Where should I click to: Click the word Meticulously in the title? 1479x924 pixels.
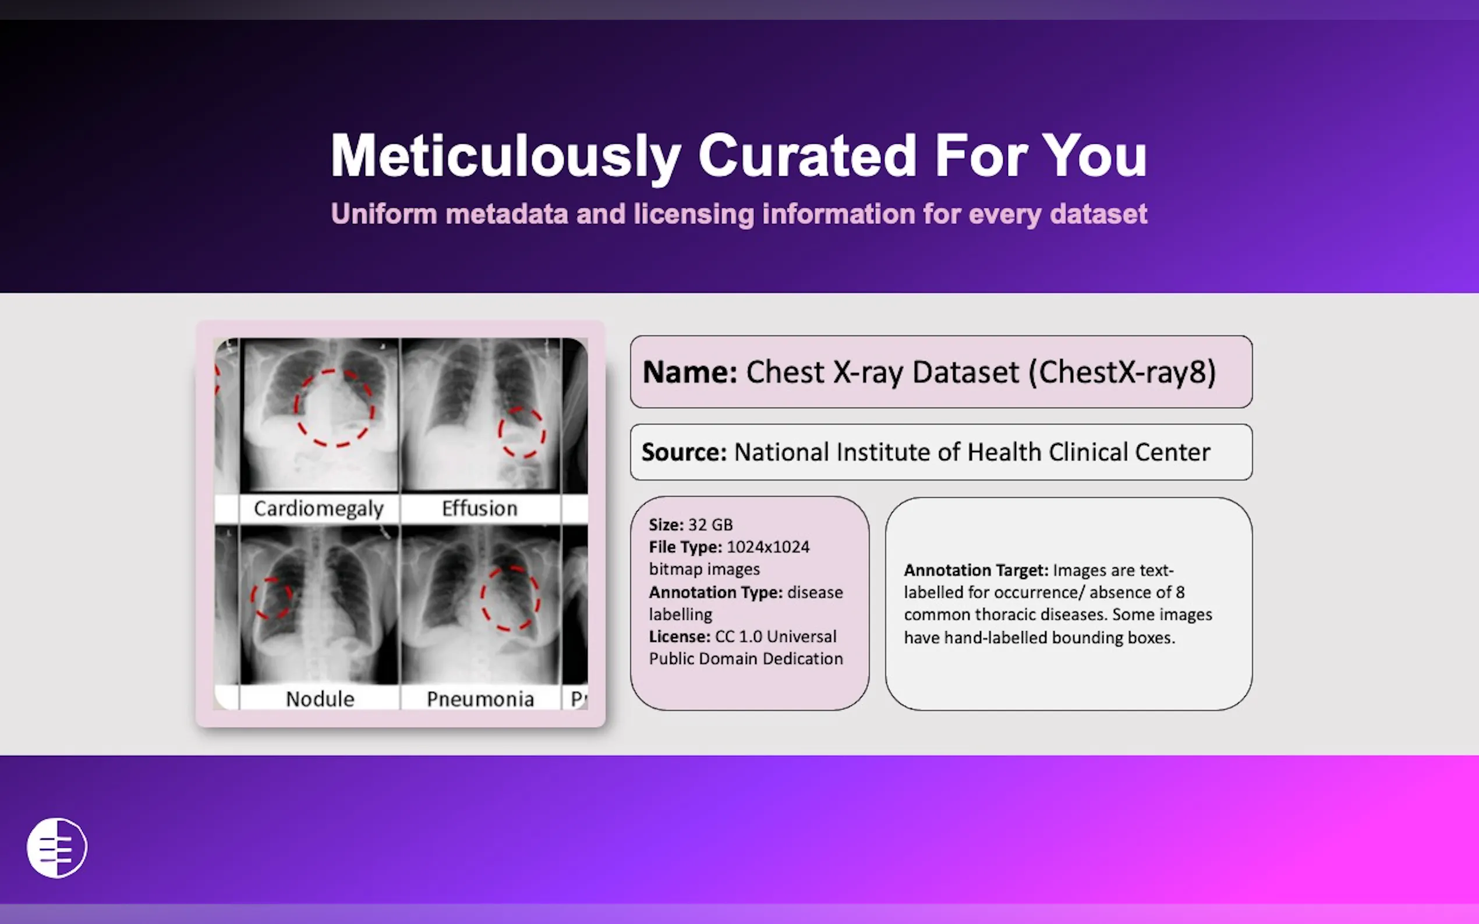505,157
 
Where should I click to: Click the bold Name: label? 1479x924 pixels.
689,372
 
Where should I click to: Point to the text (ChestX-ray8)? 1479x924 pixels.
1122,372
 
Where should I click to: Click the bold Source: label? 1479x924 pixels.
684,452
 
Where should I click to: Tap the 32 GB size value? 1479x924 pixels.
710,525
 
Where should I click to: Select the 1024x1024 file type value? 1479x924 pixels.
767,547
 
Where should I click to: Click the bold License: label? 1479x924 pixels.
680,637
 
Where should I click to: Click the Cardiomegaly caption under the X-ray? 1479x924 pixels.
319,509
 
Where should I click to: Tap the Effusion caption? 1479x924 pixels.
479,509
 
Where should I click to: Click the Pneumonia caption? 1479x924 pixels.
480,699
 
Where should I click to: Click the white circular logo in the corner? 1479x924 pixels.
57,848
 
